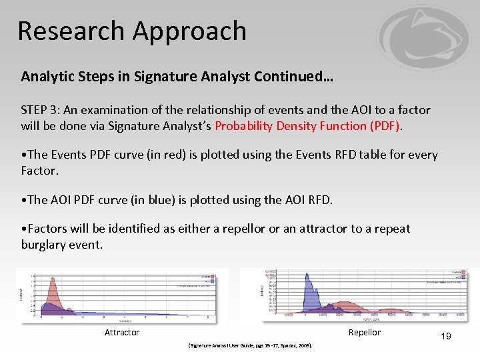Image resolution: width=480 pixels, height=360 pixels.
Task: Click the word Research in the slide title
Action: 71,31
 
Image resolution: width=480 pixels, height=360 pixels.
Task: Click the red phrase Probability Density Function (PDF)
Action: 308,126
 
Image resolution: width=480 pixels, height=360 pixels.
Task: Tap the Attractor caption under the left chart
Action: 122,333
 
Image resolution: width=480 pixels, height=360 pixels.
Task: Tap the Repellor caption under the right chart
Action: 365,333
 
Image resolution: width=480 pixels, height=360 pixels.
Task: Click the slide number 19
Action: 445,337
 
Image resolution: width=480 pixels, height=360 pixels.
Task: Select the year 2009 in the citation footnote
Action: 305,346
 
